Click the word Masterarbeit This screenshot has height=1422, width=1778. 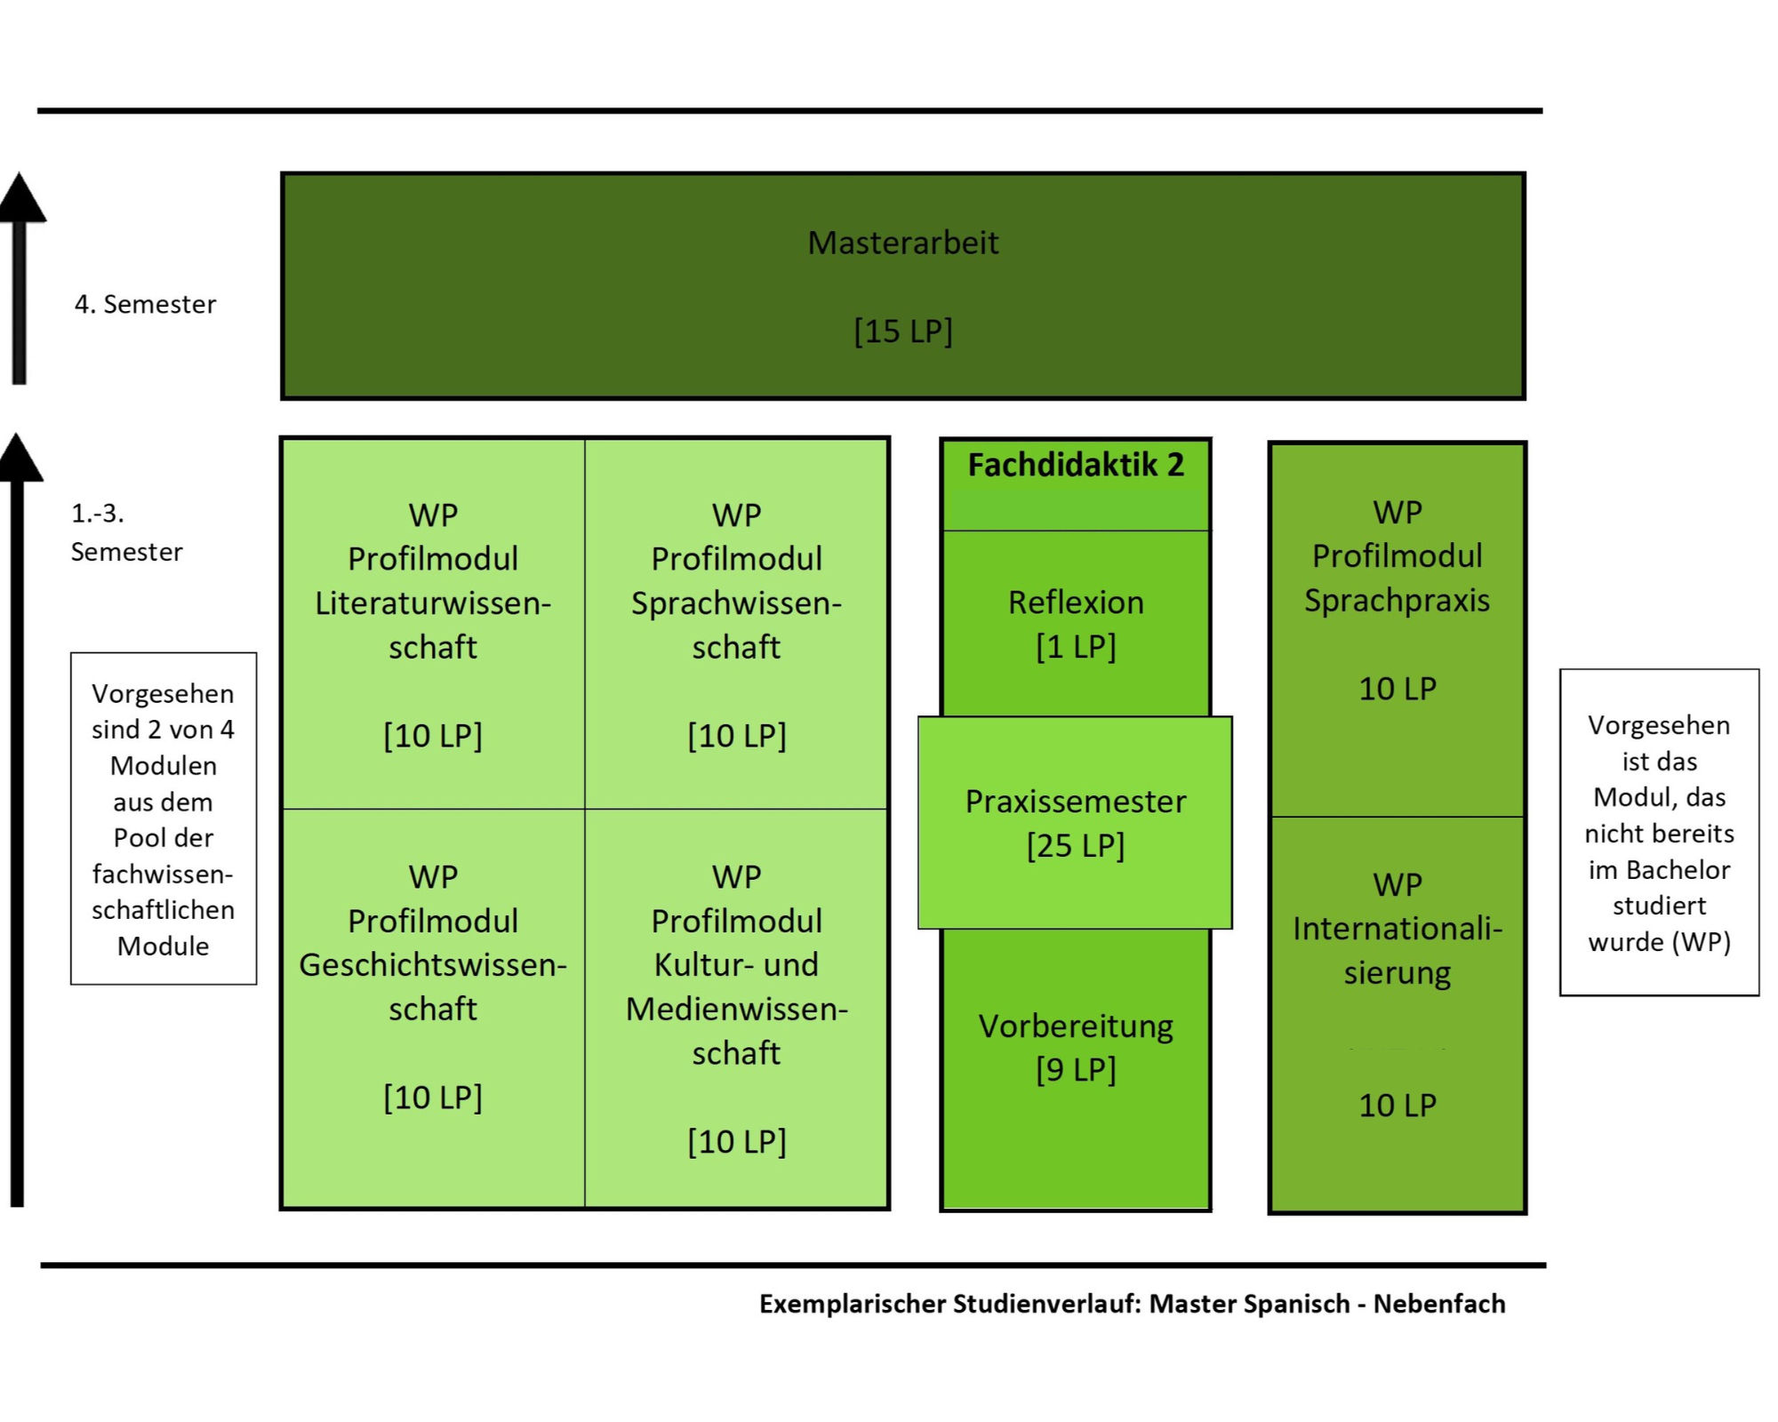(902, 243)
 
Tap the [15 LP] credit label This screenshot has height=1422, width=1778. (903, 331)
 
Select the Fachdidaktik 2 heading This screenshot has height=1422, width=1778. (1076, 465)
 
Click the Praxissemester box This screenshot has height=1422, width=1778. (1075, 822)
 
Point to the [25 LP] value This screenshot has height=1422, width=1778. (1076, 845)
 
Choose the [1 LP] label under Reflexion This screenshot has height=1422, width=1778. (1076, 646)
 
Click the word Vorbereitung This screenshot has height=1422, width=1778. (1076, 1027)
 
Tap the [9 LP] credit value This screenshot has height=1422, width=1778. (1076, 1069)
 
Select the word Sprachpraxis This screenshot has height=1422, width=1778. (1397, 601)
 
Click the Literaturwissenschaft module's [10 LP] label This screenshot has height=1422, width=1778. (433, 736)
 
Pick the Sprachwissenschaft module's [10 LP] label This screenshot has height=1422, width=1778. (737, 736)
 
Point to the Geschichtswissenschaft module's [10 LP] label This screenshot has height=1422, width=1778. (433, 1098)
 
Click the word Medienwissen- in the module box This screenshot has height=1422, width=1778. (737, 1010)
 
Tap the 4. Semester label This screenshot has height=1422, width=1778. (145, 305)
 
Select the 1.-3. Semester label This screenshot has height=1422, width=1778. (126, 532)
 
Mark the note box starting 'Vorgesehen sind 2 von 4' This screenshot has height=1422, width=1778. (164, 819)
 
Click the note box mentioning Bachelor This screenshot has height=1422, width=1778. (1659, 832)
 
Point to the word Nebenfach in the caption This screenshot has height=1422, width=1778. (1439, 1304)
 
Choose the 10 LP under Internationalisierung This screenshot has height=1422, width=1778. (1397, 1106)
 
